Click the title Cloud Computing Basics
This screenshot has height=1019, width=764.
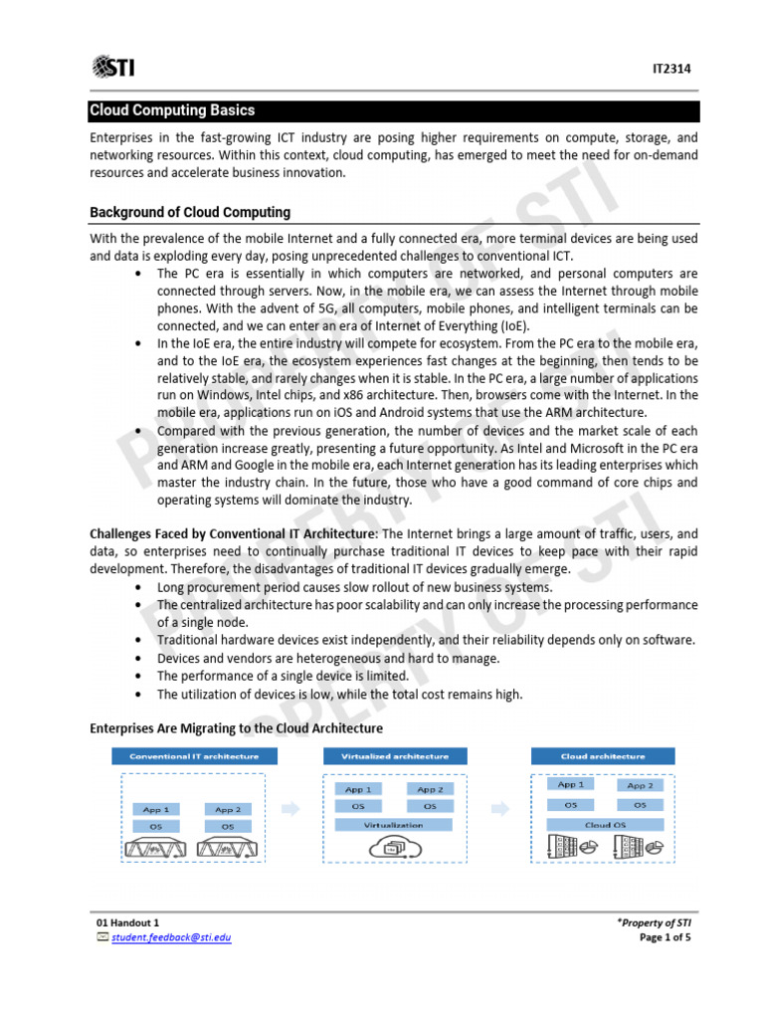pyautogui.click(x=172, y=110)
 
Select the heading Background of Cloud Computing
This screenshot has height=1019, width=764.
pyautogui.click(x=190, y=212)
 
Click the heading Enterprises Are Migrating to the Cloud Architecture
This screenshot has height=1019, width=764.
pyautogui.click(x=236, y=727)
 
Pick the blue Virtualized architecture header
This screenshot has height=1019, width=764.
pyautogui.click(x=394, y=756)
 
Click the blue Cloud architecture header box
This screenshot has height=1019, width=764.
pyautogui.click(x=602, y=756)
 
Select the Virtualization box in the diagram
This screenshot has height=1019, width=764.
pyautogui.click(x=394, y=825)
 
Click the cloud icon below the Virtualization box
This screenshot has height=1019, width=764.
pyautogui.click(x=393, y=848)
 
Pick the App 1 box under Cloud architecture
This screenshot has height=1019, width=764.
pyautogui.click(x=571, y=785)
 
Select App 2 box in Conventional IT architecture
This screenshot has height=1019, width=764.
pyautogui.click(x=228, y=809)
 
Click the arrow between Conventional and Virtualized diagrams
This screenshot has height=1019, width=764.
pyautogui.click(x=289, y=809)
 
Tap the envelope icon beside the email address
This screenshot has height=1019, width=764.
pyautogui.click(x=100, y=936)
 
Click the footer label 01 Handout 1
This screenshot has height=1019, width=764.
pyautogui.click(x=126, y=922)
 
